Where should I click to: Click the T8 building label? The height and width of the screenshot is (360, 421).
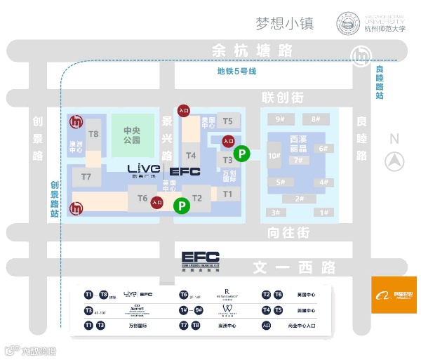pos(94,133)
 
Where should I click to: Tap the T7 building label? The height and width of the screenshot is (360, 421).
pos(86,177)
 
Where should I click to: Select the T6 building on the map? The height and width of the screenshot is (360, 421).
pos(142,199)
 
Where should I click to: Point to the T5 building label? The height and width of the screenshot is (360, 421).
pos(227,121)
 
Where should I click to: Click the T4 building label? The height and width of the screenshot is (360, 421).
pos(191,155)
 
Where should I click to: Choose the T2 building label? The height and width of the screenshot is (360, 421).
pos(197,199)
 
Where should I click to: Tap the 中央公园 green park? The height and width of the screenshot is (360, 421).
pos(132,135)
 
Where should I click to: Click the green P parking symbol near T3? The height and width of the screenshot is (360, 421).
pos(241,152)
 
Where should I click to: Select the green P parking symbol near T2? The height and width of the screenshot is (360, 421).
pos(182,206)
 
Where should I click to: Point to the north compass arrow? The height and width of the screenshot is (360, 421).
pos(394,161)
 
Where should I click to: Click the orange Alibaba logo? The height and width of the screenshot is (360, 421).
pos(394,295)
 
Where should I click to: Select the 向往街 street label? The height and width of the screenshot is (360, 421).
pos(288,232)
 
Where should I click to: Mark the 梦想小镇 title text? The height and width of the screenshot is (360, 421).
pos(285,23)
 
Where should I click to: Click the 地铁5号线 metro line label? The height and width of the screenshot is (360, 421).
pos(236,72)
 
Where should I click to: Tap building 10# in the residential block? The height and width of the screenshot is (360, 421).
pos(274,156)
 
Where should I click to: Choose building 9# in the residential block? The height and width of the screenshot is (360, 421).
pos(280,119)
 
